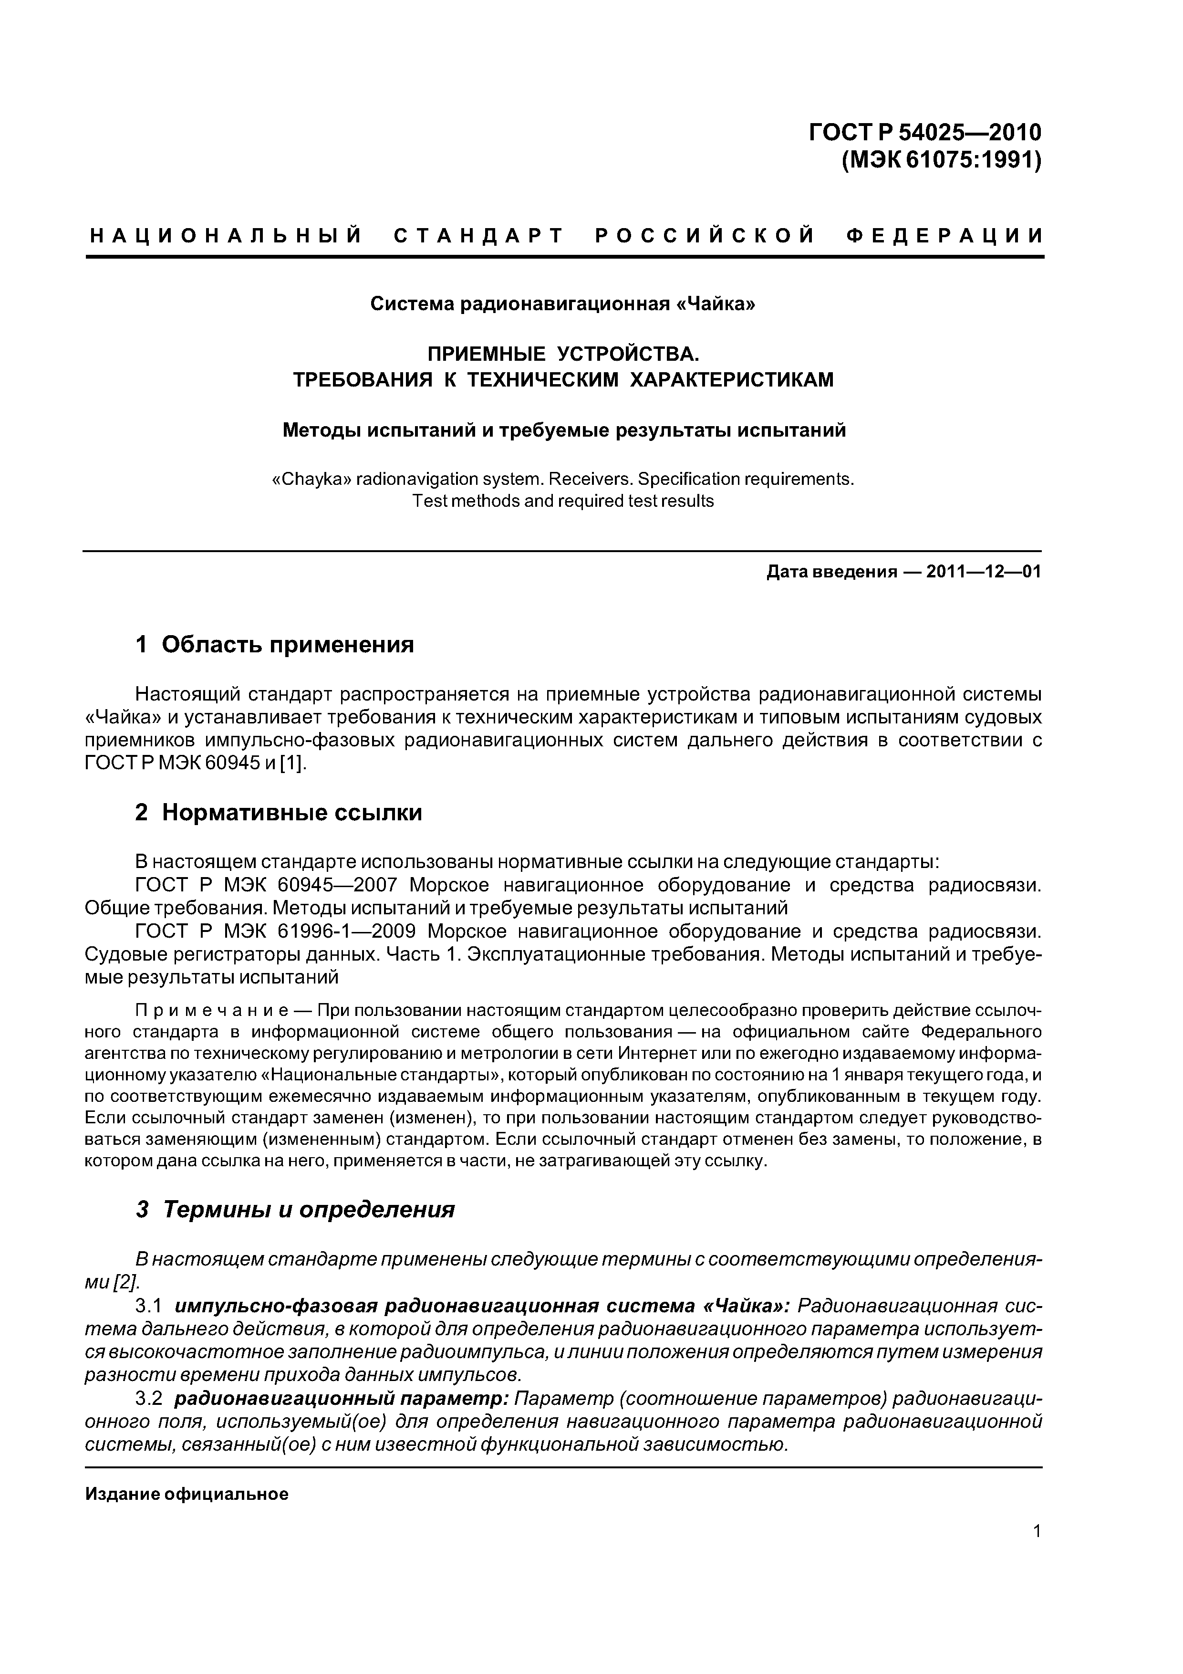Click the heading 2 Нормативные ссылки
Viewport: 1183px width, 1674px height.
279,812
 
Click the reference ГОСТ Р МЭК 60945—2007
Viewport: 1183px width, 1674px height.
266,886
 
